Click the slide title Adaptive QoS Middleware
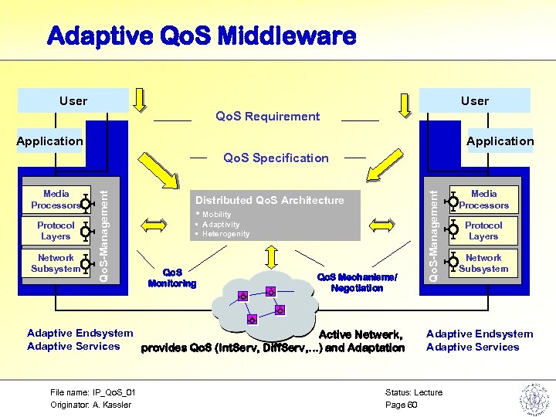click(x=202, y=36)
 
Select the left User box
click(x=73, y=100)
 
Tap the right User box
click(x=474, y=100)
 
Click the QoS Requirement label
click(x=267, y=117)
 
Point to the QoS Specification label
click(x=276, y=158)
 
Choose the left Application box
click(x=49, y=141)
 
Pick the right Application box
click(x=500, y=141)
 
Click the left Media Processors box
click(x=56, y=200)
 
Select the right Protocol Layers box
click(x=483, y=231)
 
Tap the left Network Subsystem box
click(x=56, y=263)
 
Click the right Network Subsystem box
click(x=483, y=263)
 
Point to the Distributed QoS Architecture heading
click(x=270, y=200)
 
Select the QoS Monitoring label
click(x=171, y=278)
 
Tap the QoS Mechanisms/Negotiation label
click(x=357, y=283)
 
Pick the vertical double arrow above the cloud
click(x=271, y=256)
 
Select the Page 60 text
click(x=401, y=405)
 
